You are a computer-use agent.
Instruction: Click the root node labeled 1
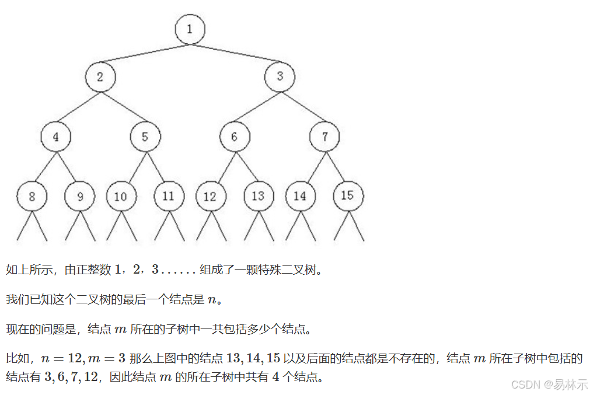pyautogui.click(x=190, y=29)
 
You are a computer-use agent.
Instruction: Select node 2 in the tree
pyautogui.click(x=100, y=76)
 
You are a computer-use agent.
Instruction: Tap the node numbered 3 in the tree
pyautogui.click(x=280, y=76)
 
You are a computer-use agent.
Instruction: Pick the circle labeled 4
pyautogui.click(x=56, y=137)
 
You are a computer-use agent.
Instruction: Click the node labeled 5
pyautogui.click(x=145, y=137)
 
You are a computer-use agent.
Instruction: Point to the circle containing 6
pyautogui.click(x=235, y=137)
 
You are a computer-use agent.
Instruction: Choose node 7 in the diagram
pyautogui.click(x=324, y=137)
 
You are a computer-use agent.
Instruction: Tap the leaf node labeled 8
pyautogui.click(x=32, y=197)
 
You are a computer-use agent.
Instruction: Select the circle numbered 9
pyautogui.click(x=80, y=197)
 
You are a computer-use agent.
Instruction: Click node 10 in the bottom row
pyautogui.click(x=121, y=197)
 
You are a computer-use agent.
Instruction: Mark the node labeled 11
pyautogui.click(x=169, y=197)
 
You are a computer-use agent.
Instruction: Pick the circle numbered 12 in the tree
pyautogui.click(x=210, y=197)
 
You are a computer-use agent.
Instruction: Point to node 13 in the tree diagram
pyautogui.click(x=258, y=197)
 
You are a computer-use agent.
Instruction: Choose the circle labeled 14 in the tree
pyautogui.click(x=300, y=197)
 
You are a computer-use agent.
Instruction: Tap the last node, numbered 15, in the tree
pyautogui.click(x=348, y=195)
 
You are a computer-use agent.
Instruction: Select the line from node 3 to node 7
pyautogui.click(x=302, y=107)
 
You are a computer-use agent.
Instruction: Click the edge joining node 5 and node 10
pyautogui.click(x=133, y=167)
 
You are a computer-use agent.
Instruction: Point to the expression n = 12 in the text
pyautogui.click(x=62, y=358)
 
